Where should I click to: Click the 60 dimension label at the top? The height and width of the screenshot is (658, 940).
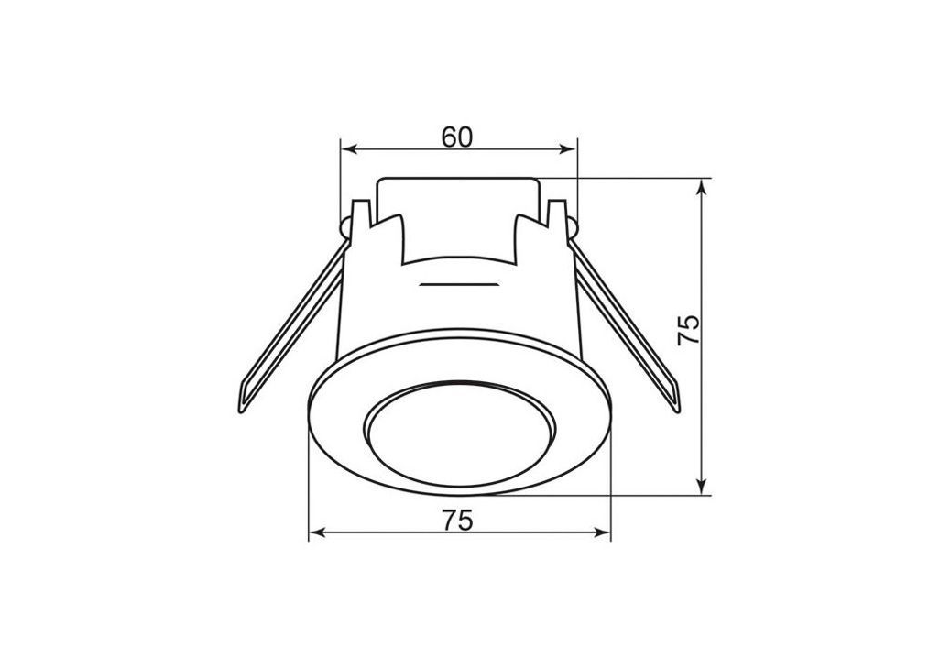[x=457, y=137]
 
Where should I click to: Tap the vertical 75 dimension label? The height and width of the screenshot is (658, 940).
[x=688, y=329]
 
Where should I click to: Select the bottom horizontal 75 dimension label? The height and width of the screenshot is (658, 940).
[x=458, y=520]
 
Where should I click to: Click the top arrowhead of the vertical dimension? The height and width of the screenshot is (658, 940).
[x=703, y=187]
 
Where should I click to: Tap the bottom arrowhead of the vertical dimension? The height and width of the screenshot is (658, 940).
[x=703, y=486]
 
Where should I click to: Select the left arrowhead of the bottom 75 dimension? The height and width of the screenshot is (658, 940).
[x=317, y=532]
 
